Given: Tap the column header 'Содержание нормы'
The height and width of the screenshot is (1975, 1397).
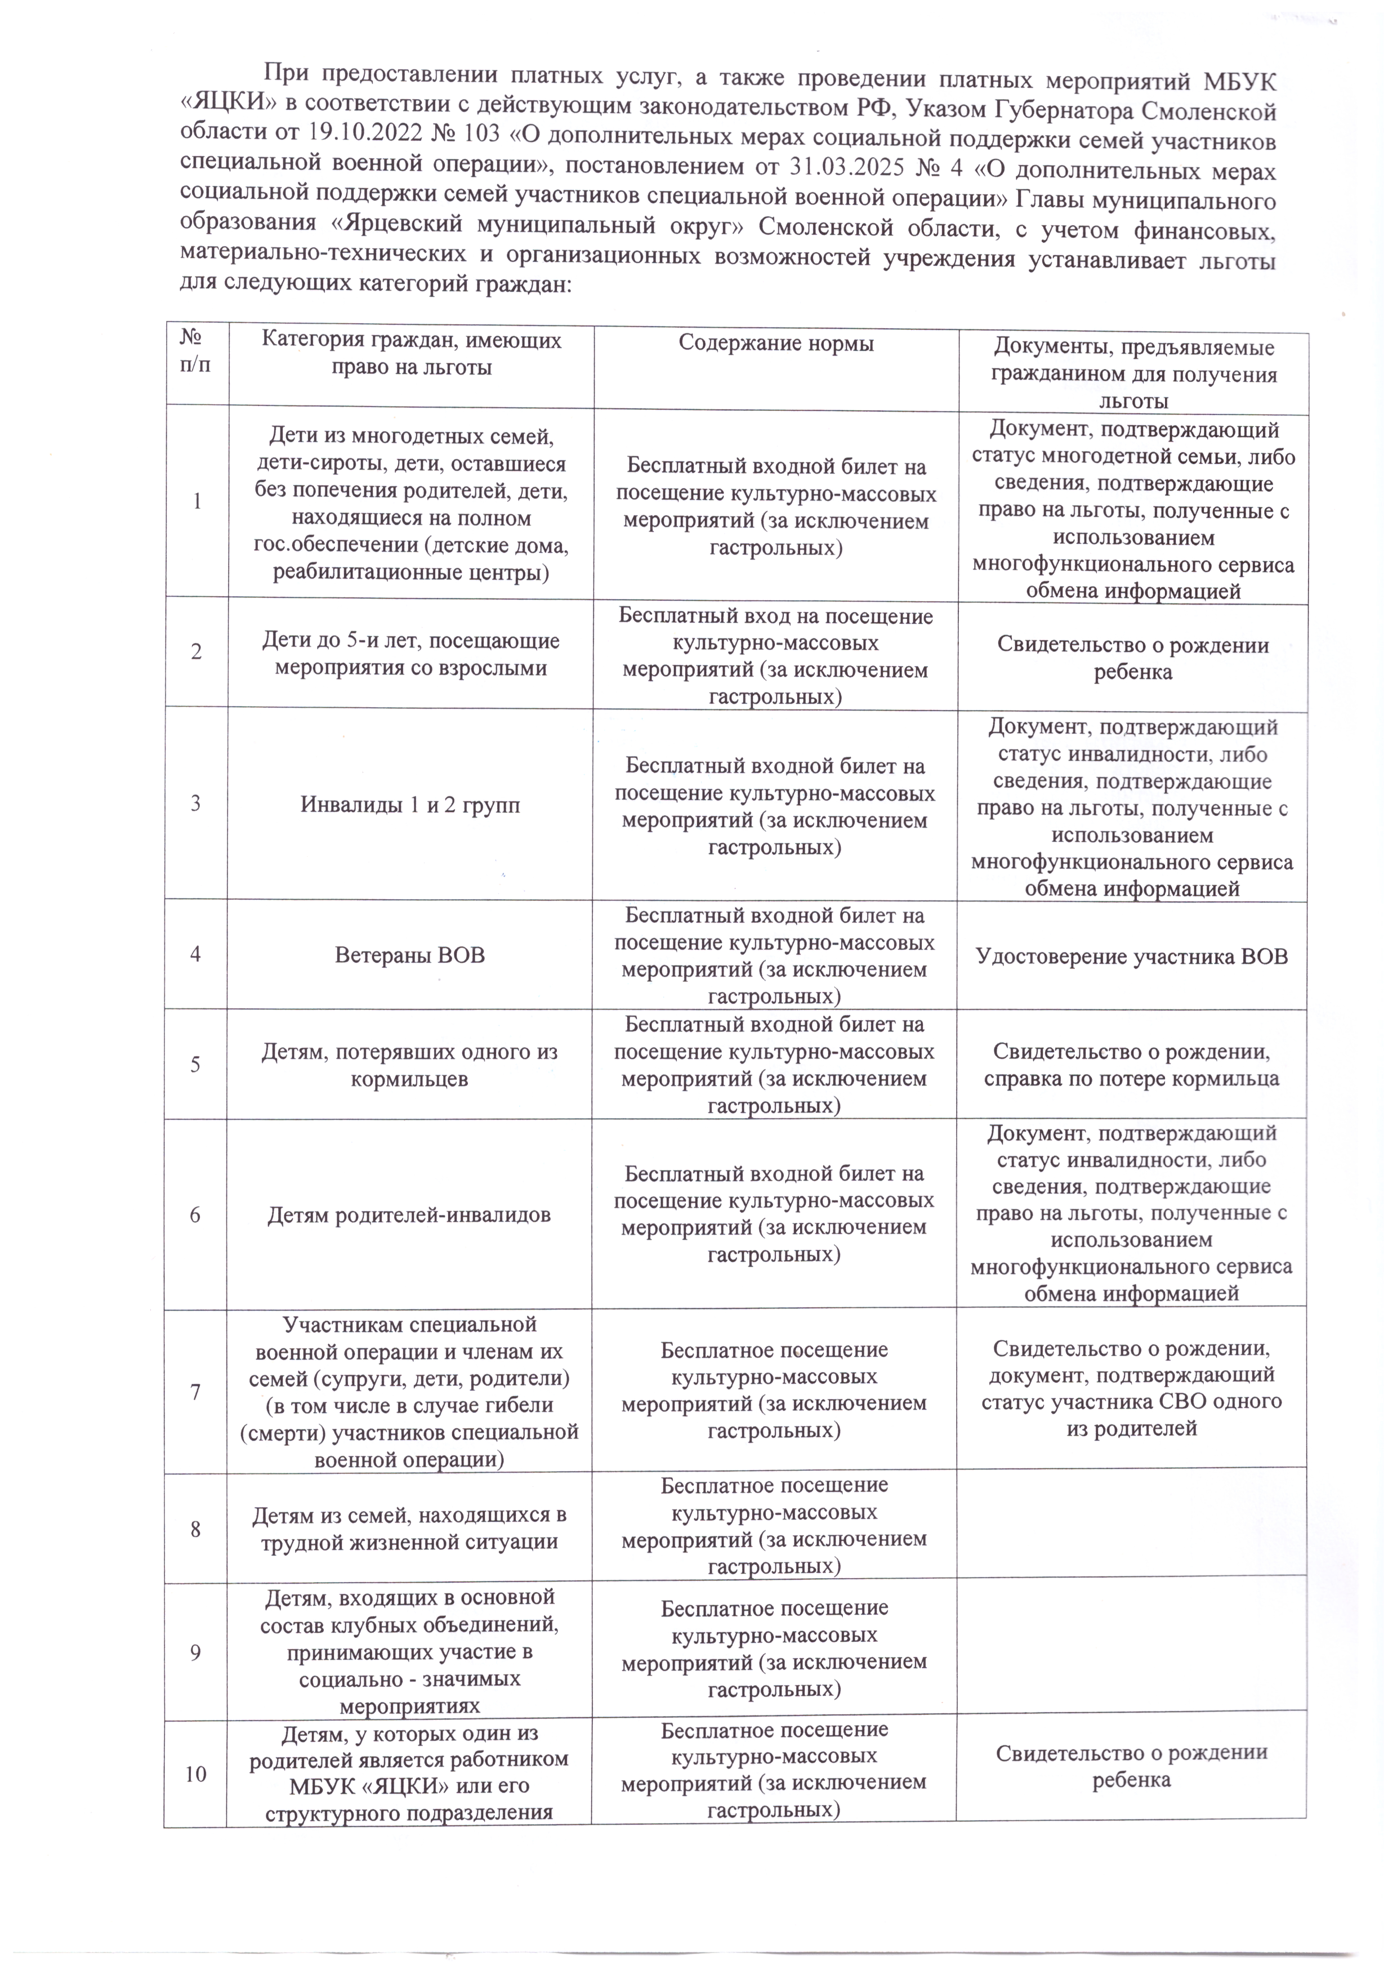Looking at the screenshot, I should point(776,344).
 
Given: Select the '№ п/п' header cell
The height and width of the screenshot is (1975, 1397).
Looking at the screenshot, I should point(196,352).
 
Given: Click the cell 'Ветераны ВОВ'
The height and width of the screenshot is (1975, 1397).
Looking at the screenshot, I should point(409,955).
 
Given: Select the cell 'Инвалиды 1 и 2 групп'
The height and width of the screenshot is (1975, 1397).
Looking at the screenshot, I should point(409,805).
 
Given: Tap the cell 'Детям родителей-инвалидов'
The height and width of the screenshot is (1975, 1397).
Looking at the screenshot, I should point(409,1214).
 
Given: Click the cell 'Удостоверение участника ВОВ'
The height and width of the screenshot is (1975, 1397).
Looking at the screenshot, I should point(1131,955).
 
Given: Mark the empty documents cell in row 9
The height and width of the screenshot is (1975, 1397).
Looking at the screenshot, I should point(1131,1652).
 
